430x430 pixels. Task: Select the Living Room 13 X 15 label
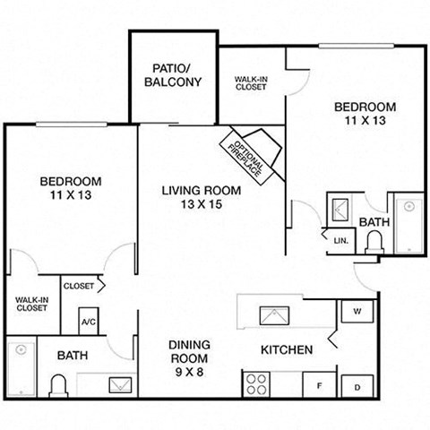click(x=202, y=196)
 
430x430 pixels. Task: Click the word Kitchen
click(x=286, y=349)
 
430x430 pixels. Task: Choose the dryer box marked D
click(x=356, y=386)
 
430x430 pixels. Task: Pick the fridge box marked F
click(x=318, y=386)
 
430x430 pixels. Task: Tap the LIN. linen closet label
click(x=340, y=241)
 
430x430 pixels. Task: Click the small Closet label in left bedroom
click(x=79, y=286)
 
